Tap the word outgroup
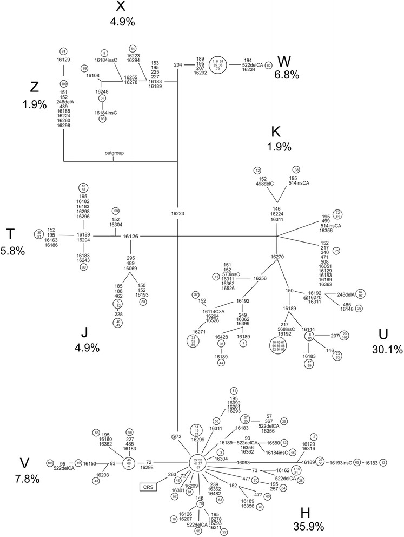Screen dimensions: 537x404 pos(114,153)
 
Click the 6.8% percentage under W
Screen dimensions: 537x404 pos(287,75)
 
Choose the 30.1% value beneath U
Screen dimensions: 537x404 pos(387,350)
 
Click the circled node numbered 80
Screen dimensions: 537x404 pos(268,64)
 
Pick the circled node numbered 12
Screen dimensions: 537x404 pos(257,171)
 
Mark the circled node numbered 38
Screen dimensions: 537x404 pos(296,170)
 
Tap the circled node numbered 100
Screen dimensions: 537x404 pos(50,463)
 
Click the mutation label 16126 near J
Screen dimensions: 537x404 pos(130,236)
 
